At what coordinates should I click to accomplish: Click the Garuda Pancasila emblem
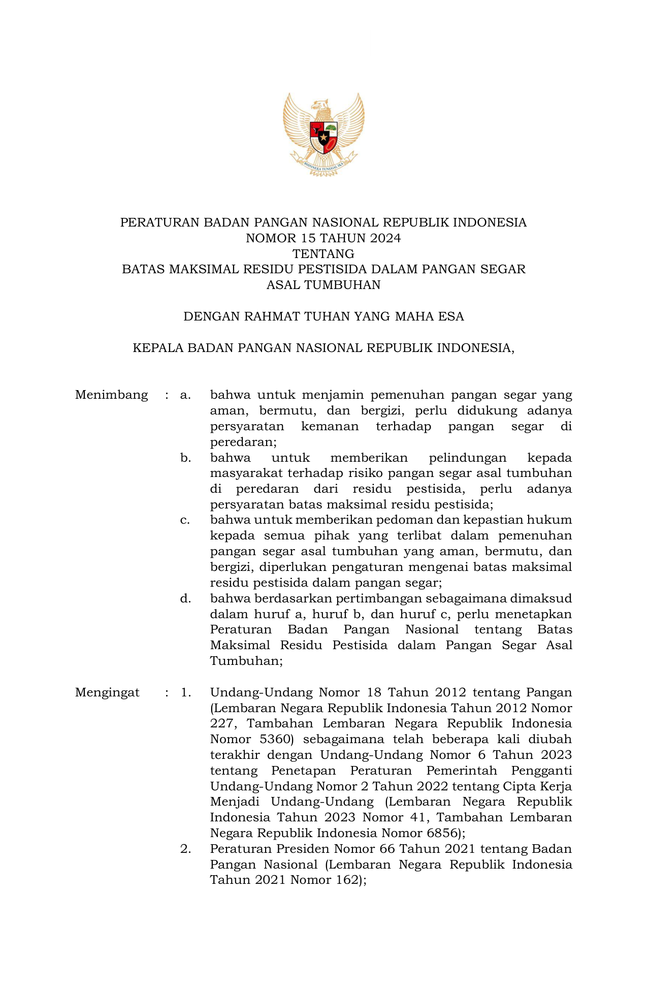[323, 134]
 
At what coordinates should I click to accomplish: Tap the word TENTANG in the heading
[323, 254]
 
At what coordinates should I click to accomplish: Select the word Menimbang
[111, 395]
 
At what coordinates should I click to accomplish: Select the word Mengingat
[107, 693]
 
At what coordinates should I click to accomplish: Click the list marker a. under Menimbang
[185, 395]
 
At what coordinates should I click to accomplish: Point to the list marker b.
[185, 458]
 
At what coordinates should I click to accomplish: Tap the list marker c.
[185, 521]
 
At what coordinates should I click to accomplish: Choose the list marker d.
[185, 599]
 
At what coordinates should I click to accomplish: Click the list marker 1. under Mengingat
[185, 693]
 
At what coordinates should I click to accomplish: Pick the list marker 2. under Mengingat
[185, 849]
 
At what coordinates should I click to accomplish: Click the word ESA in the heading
[452, 317]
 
